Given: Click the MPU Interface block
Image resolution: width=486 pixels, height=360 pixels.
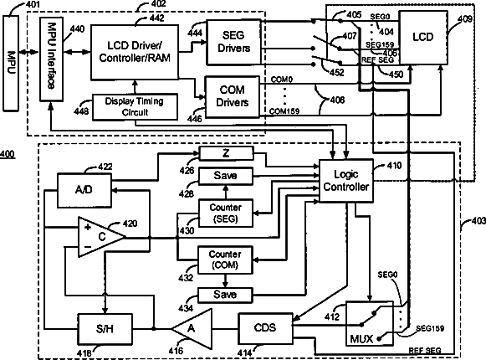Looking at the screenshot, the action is click(52, 59).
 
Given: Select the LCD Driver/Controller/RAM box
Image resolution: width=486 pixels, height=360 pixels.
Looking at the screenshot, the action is click(135, 52).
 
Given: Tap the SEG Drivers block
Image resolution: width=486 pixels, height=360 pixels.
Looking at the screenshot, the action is click(233, 42).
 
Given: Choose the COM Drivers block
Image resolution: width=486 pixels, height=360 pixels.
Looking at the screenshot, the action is click(233, 97).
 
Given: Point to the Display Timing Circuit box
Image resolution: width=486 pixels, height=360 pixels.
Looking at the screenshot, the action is click(136, 107).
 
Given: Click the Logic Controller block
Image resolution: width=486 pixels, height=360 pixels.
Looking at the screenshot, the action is click(346, 181).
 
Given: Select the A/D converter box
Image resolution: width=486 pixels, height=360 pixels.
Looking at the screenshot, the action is click(84, 190).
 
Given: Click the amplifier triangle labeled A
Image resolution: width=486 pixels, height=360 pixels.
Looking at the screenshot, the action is click(192, 329).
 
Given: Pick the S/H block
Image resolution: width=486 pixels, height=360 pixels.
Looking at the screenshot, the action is click(105, 329).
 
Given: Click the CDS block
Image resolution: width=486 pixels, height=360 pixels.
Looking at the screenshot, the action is click(265, 328).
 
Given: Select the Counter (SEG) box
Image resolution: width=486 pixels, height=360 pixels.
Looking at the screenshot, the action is click(225, 213).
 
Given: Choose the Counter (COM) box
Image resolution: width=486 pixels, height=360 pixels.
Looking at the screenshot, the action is click(225, 260).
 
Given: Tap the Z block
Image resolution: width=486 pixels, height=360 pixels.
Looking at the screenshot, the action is click(226, 153).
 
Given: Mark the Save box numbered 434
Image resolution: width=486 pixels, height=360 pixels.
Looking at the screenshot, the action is click(225, 295).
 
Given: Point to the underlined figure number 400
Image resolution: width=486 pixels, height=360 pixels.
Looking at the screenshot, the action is click(8, 154).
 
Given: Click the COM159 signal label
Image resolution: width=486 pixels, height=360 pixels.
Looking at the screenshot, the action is click(284, 111).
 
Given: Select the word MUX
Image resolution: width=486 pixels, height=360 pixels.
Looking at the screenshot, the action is click(361, 338).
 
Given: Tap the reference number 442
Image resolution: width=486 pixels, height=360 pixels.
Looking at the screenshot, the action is click(156, 18).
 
